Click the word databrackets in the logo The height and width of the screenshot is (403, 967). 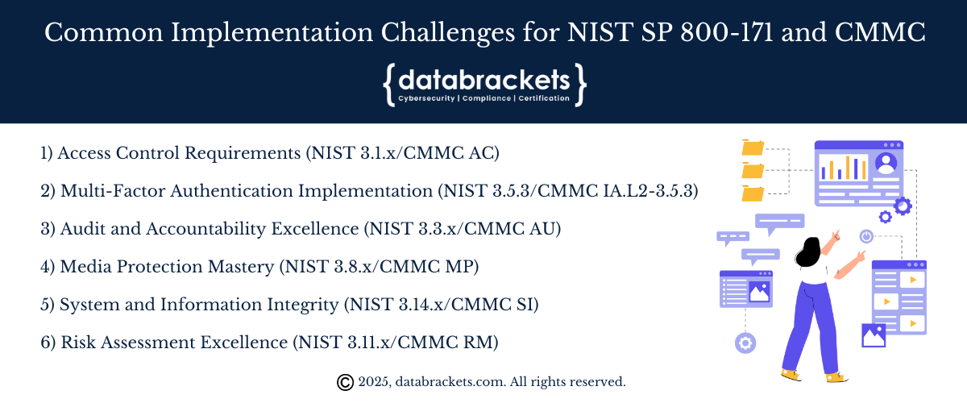[484, 81]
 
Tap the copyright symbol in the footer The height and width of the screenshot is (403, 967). [345, 382]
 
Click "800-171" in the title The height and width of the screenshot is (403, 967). [727, 32]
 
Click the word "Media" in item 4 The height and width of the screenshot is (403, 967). [85, 267]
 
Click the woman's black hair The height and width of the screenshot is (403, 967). [807, 252]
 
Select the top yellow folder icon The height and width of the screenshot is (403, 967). [753, 147]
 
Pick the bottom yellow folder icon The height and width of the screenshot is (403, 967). [753, 193]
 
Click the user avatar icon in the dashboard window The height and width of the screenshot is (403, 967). [886, 164]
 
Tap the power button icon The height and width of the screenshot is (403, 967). [866, 236]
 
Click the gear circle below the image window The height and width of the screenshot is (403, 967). [745, 343]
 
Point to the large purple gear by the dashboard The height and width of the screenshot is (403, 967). [903, 206]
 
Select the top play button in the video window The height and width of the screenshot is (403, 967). [913, 280]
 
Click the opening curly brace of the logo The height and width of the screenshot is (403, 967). [389, 85]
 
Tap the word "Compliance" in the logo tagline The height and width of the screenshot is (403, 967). [487, 98]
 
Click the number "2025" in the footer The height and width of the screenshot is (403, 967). [374, 382]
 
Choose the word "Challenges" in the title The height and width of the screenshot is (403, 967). [448, 33]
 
